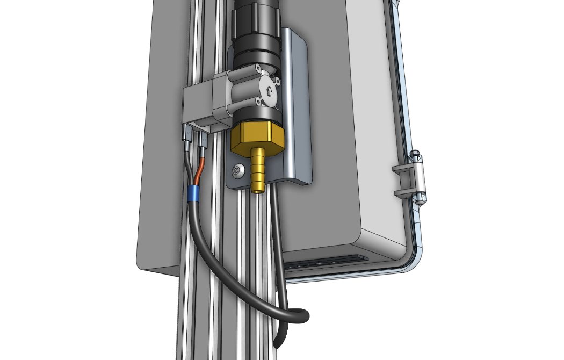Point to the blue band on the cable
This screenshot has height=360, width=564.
point(194,193)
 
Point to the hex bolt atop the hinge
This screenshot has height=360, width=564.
point(416,157)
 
